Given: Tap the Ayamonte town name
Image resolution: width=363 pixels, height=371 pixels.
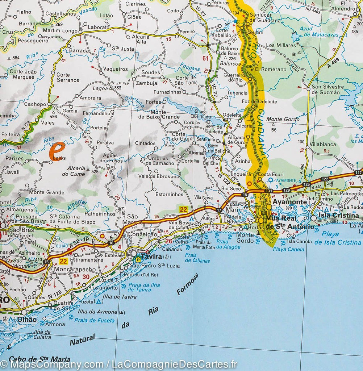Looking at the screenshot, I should [284, 202].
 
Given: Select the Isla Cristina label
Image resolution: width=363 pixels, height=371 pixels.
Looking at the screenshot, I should [338, 216].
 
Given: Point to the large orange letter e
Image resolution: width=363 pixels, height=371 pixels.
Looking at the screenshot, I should [57, 150].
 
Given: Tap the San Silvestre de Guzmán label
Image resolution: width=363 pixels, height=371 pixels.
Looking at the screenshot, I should [328, 89].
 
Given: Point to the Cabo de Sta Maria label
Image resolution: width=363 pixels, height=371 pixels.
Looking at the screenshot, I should [39, 359].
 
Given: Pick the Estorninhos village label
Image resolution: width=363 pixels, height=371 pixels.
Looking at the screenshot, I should [169, 194].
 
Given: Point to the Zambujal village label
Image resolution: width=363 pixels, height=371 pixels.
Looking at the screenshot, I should [147, 83].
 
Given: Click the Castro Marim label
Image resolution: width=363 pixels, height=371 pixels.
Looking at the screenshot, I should [235, 207].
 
